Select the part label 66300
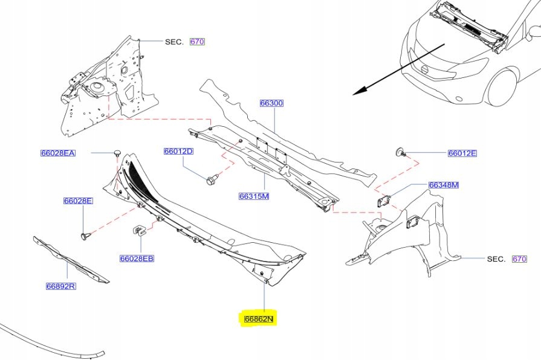coord(271,103)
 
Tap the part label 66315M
coord(253,196)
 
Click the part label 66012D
coord(178,151)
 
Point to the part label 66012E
coord(462,153)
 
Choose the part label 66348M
coord(444,185)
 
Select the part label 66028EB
coord(137,259)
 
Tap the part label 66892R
coord(60,286)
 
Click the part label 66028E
coord(79,201)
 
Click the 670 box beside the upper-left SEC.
coord(198,42)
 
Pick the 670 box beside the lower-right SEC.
coord(519,259)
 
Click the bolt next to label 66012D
coord(212,180)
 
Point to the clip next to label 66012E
coord(400,151)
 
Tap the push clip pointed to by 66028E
coord(85,234)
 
